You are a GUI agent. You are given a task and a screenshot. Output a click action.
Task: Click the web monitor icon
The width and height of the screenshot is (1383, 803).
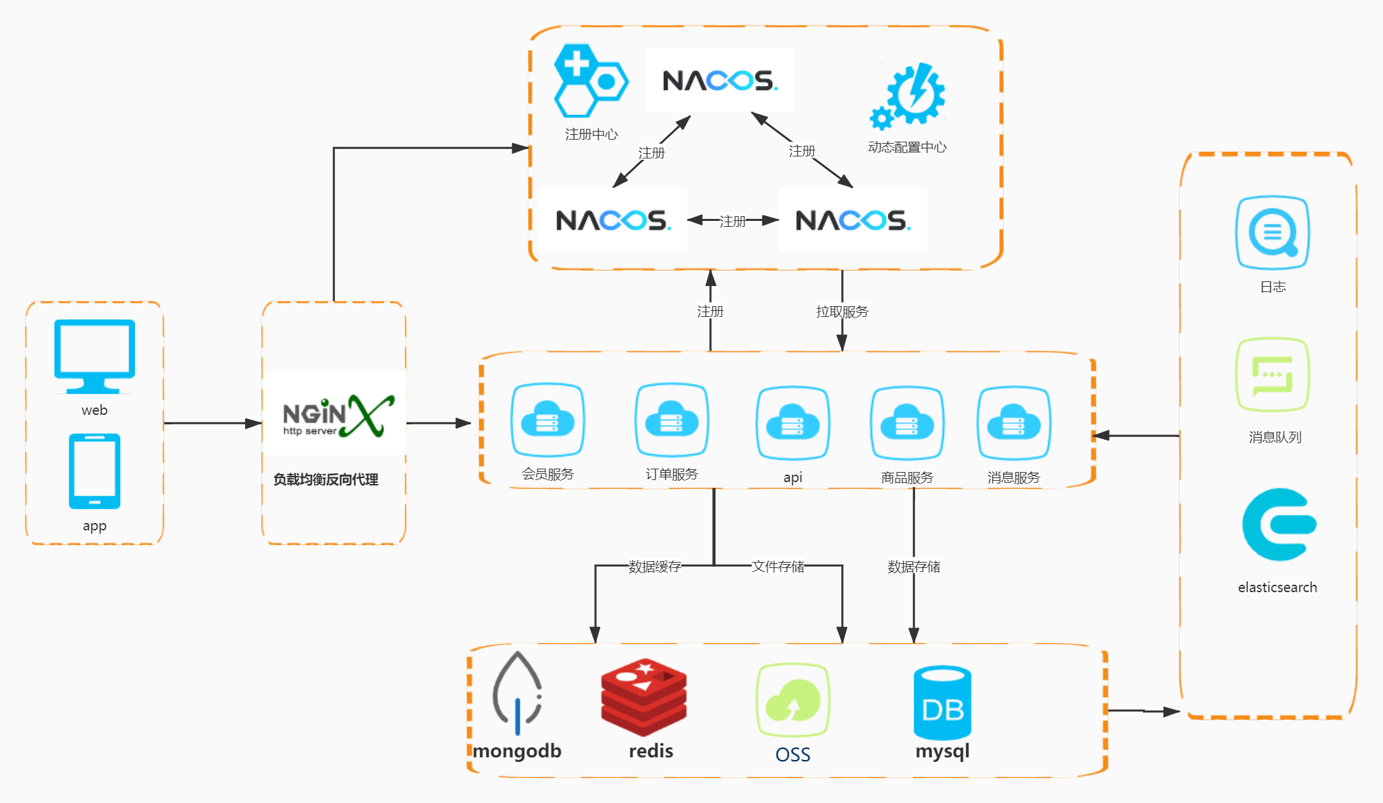pyautogui.click(x=95, y=357)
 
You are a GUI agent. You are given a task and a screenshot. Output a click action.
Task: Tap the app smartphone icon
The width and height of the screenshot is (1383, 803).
pyautogui.click(x=95, y=471)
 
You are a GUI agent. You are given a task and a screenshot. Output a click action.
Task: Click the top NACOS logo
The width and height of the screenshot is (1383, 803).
pyautogui.click(x=720, y=80)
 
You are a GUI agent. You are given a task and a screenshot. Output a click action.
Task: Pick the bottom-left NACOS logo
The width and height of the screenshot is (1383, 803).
pyautogui.click(x=613, y=220)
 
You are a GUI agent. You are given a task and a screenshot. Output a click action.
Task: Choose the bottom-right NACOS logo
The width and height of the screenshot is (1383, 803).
pyautogui.click(x=853, y=220)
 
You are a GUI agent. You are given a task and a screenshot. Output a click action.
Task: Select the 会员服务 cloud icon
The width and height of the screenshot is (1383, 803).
pyautogui.click(x=548, y=420)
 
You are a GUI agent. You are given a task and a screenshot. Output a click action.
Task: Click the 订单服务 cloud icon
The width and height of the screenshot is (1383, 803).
pyautogui.click(x=672, y=420)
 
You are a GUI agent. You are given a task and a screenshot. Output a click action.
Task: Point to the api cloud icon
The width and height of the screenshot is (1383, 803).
pyautogui.click(x=793, y=423)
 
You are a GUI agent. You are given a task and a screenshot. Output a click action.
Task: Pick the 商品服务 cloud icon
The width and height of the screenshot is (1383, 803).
pyautogui.click(x=907, y=423)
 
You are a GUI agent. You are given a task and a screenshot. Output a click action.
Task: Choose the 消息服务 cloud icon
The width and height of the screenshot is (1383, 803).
pyautogui.click(x=1014, y=423)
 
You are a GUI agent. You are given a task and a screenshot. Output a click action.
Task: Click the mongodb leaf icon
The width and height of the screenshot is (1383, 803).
pyautogui.click(x=517, y=693)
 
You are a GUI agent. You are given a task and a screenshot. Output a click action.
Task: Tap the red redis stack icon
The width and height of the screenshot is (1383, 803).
pyautogui.click(x=644, y=697)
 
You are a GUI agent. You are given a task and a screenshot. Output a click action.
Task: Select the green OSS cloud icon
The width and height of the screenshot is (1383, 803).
pyautogui.click(x=793, y=701)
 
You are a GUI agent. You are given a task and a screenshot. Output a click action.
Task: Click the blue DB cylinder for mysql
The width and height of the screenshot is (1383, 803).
pyautogui.click(x=943, y=703)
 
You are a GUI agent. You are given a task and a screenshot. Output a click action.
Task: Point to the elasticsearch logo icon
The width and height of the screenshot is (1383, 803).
pyautogui.click(x=1279, y=524)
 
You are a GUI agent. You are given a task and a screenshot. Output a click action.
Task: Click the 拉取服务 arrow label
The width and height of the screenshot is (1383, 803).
pyautogui.click(x=842, y=312)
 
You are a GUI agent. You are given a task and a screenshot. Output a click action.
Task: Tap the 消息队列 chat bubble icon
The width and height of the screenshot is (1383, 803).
pyautogui.click(x=1273, y=375)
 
